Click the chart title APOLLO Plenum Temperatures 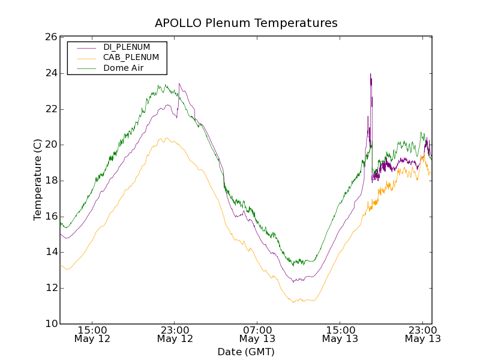pyautogui.click(x=246, y=23)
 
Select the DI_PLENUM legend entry pyautogui.click(x=127, y=47)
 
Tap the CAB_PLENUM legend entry pyautogui.click(x=131, y=58)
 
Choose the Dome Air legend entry pyautogui.click(x=123, y=68)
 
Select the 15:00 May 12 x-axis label pyautogui.click(x=92, y=334)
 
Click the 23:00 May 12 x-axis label pyautogui.click(x=175, y=334)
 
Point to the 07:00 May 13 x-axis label pyautogui.click(x=257, y=334)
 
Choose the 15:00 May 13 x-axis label pyautogui.click(x=340, y=334)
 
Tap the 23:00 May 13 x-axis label pyautogui.click(x=422, y=334)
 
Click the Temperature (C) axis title pyautogui.click(x=38, y=180)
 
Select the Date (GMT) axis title pyautogui.click(x=246, y=352)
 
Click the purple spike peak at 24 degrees pyautogui.click(x=370, y=74)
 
